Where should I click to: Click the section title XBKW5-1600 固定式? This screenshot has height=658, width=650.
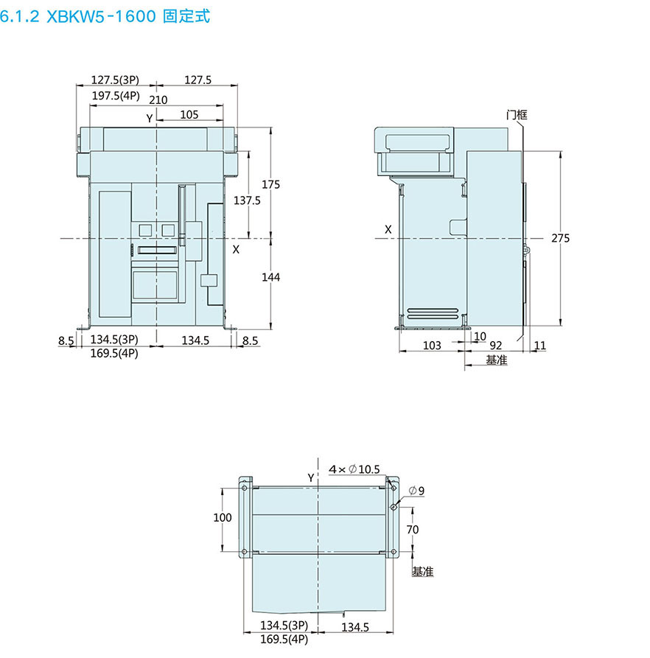pyautogui.click(x=105, y=16)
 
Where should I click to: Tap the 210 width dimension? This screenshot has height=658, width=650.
pyautogui.click(x=158, y=100)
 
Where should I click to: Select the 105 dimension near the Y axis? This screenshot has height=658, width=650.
pyautogui.click(x=189, y=114)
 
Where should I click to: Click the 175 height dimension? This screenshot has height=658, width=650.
pyautogui.click(x=270, y=184)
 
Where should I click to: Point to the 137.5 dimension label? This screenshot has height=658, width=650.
pyautogui.click(x=247, y=200)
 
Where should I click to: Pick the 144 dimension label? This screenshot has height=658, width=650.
pyautogui.click(x=270, y=277)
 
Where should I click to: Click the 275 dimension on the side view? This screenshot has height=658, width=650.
pyautogui.click(x=560, y=238)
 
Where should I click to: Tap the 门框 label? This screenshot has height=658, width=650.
pyautogui.click(x=516, y=114)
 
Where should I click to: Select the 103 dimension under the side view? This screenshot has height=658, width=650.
pyautogui.click(x=432, y=346)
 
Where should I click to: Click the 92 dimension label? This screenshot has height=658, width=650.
pyautogui.click(x=495, y=346)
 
